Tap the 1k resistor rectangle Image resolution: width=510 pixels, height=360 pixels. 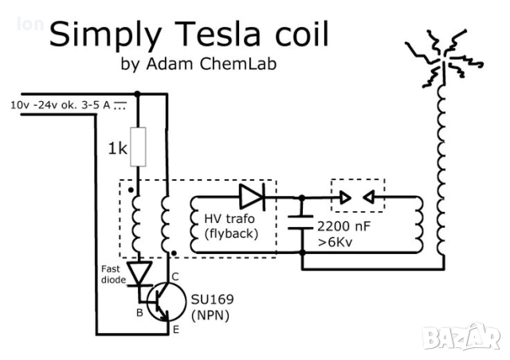click(139, 145)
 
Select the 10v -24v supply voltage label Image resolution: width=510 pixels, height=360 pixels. click(61, 105)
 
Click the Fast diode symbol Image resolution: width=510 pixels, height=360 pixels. click(140, 273)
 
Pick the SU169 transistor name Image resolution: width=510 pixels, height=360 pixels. click(208, 300)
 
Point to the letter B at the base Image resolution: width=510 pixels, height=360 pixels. click(139, 312)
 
